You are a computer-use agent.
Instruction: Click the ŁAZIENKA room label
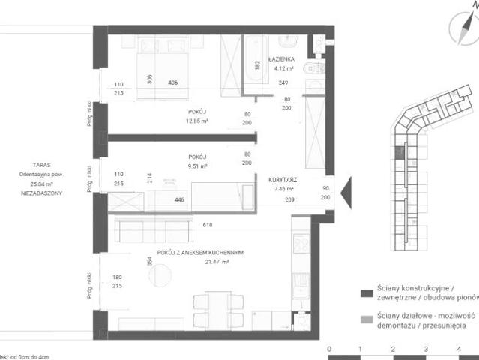(x=283, y=58)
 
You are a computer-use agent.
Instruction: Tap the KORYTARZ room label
(x=285, y=180)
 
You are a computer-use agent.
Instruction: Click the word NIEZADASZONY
(x=42, y=193)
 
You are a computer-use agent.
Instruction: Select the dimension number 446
(x=179, y=200)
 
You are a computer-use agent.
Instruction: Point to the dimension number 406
(x=173, y=82)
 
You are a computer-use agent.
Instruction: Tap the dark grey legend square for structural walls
(x=366, y=292)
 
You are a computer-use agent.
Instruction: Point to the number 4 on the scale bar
(x=459, y=349)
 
